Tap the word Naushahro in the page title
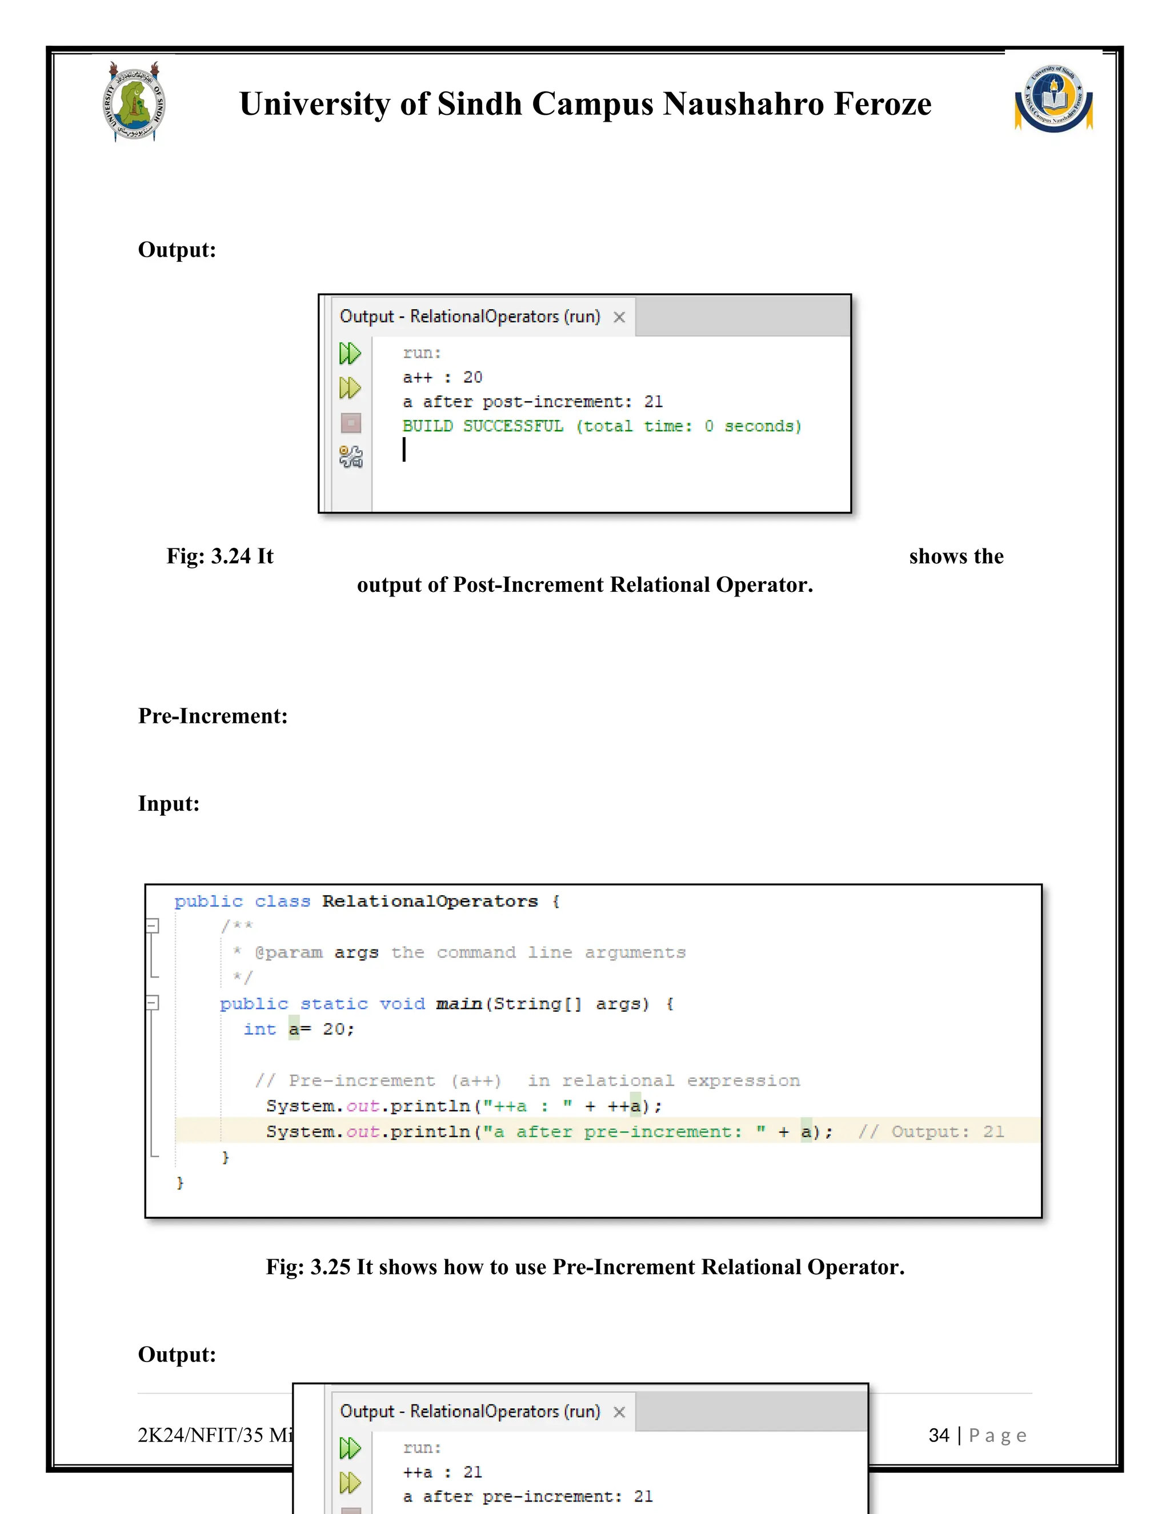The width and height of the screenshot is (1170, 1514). (742, 104)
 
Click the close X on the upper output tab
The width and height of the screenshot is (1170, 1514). (619, 317)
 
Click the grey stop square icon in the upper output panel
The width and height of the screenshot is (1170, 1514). (351, 423)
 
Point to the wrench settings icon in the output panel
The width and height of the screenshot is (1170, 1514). (351, 457)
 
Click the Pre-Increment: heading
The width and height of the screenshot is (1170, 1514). (213, 715)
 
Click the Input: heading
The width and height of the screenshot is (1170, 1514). (169, 803)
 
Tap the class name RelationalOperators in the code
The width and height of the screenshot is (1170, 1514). (430, 901)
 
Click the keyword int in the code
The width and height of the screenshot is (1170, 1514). (260, 1030)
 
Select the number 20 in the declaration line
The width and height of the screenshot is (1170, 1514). (334, 1030)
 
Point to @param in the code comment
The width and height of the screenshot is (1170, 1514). (289, 952)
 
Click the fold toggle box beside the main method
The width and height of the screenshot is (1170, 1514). (153, 1003)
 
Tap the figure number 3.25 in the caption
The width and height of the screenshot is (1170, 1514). (330, 1267)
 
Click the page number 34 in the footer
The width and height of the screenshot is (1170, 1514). (939, 1435)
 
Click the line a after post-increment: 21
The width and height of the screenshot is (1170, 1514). (532, 402)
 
